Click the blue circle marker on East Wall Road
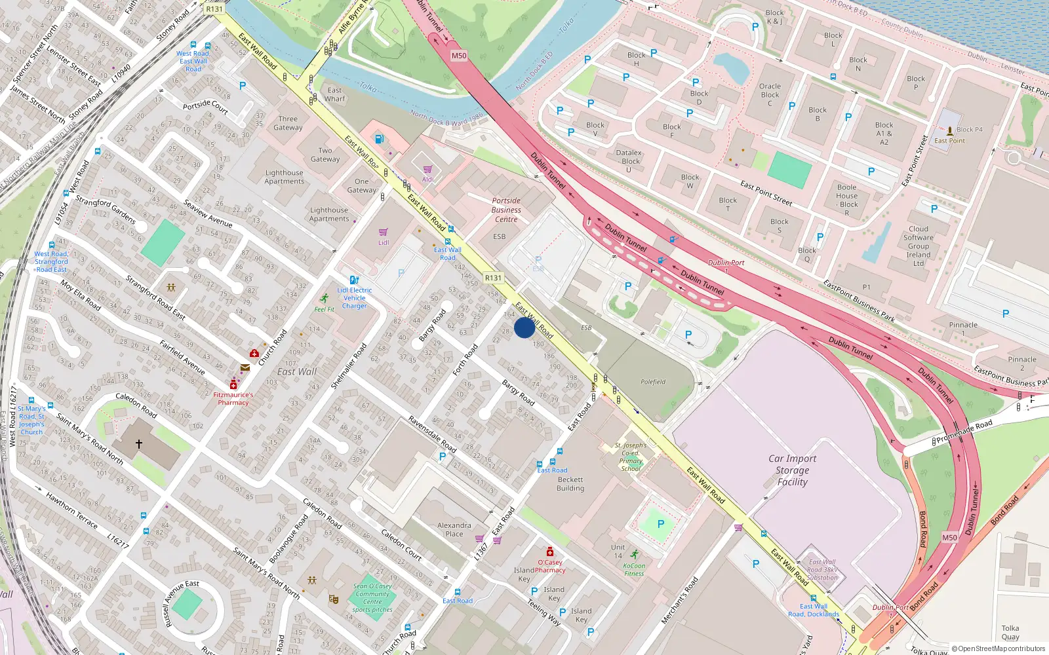pos(524,327)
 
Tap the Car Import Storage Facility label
pos(792,470)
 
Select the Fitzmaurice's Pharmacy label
pos(233,399)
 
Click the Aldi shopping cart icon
pos(427,169)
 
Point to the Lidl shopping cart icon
pos(384,232)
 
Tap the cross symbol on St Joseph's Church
pos(139,443)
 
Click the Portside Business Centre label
pos(506,210)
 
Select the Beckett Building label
pos(570,484)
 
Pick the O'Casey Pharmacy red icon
pos(550,552)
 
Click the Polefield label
pos(653,382)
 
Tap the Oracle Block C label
pos(770,94)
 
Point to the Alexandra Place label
pos(454,529)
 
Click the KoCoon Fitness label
pos(634,569)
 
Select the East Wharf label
pos(334,94)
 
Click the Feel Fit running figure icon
pos(325,299)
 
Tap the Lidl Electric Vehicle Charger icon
pos(354,280)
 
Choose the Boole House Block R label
pos(847,200)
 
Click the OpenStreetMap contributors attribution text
pos(999,648)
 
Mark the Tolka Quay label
pos(1010,632)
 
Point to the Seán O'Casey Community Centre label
pos(372,597)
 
